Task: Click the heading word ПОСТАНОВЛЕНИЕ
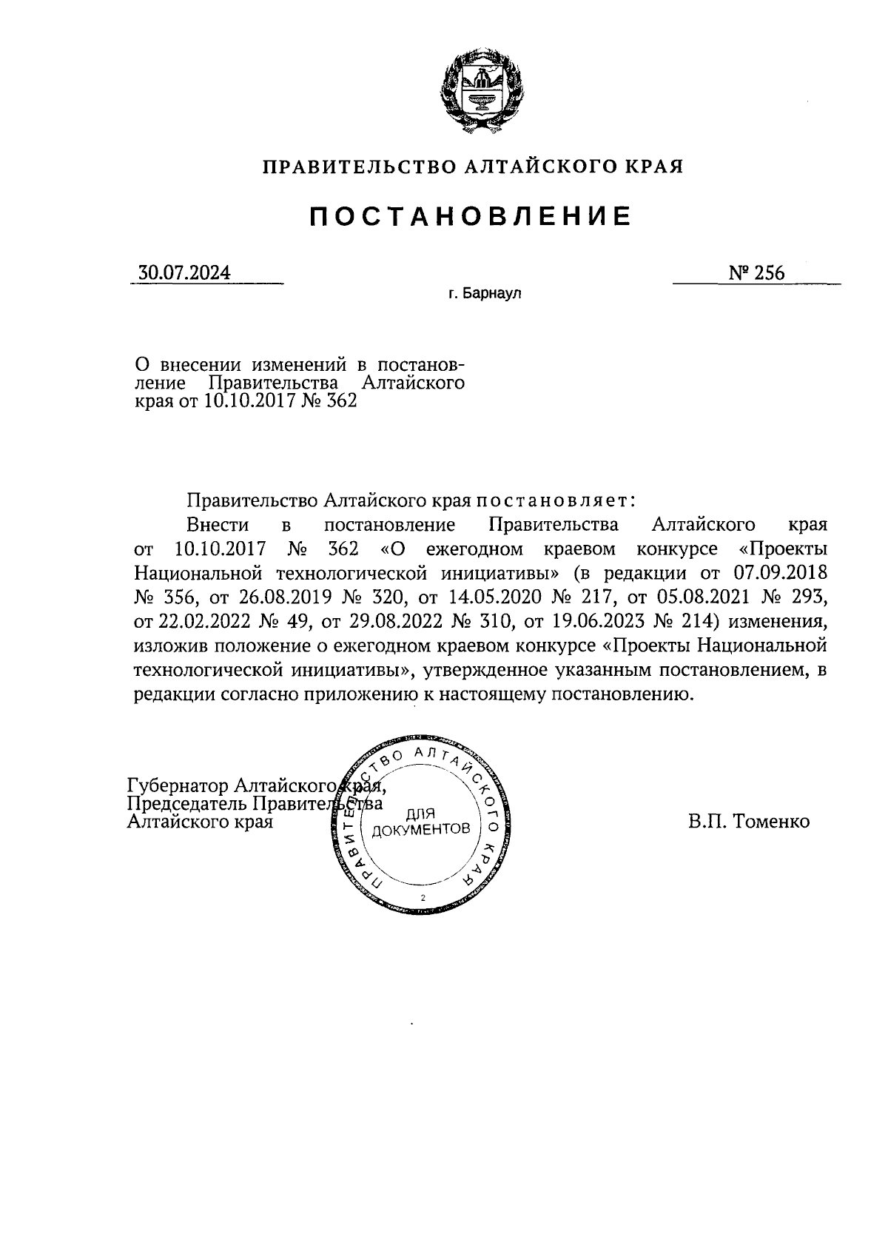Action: [470, 215]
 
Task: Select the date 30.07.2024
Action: [184, 273]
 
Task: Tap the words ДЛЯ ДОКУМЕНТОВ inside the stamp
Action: [421, 821]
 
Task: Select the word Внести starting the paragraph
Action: [218, 525]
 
